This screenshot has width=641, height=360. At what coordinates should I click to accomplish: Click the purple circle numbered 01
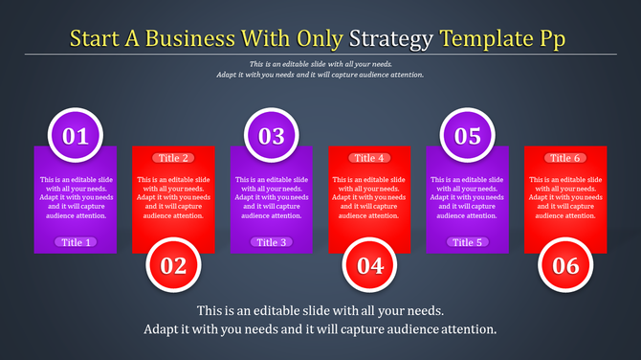(x=76, y=135)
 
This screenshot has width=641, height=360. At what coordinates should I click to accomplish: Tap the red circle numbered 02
(x=173, y=265)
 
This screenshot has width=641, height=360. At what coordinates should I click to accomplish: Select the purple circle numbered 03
(x=272, y=135)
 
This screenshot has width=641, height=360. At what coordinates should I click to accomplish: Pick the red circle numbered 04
(x=369, y=265)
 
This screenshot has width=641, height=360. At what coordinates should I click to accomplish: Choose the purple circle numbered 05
(x=467, y=135)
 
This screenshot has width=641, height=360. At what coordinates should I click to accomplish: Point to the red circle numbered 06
(x=565, y=265)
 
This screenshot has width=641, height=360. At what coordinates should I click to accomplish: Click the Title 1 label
(x=77, y=242)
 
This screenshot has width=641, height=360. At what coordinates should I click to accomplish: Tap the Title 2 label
(x=174, y=158)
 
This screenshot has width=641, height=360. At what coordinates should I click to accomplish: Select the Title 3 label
(x=272, y=242)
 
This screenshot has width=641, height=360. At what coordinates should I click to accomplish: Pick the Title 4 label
(x=369, y=158)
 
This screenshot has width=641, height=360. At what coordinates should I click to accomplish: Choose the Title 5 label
(x=467, y=242)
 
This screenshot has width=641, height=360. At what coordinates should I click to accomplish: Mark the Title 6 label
(x=565, y=158)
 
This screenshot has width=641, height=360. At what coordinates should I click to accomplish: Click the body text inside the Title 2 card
(x=174, y=197)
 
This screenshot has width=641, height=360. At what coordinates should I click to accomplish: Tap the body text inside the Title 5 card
(x=467, y=197)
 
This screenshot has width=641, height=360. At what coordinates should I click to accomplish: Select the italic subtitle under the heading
(x=320, y=68)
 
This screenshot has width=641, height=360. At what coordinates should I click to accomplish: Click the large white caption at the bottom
(x=320, y=320)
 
